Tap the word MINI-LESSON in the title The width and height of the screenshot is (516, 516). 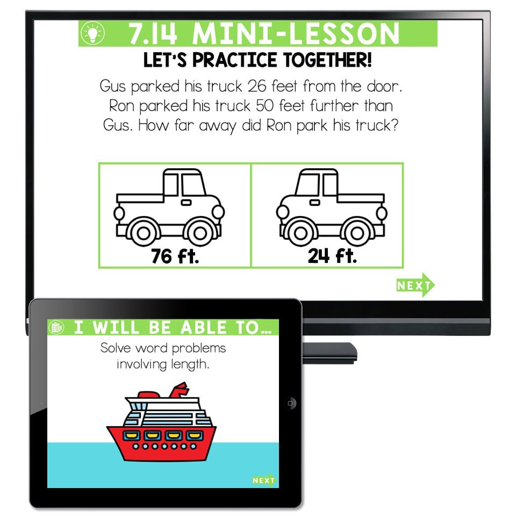pos(296,33)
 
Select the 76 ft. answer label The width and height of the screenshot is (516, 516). pos(175,256)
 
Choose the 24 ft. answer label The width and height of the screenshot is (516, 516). pos(332,256)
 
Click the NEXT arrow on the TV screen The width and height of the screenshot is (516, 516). pos(415,285)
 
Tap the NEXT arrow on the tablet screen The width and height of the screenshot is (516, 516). pos(264,481)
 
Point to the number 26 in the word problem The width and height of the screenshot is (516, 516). pos(256,86)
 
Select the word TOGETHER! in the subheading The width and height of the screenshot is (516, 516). pos(327,60)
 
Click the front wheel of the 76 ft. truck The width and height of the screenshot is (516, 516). pos(200,233)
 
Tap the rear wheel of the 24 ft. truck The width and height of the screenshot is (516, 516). pos(357,233)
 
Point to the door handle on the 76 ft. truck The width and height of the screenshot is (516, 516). pos(186,203)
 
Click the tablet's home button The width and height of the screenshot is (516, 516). pos(290,403)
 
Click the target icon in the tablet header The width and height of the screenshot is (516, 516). pos(56,327)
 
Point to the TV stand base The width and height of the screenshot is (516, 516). pos(329,353)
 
